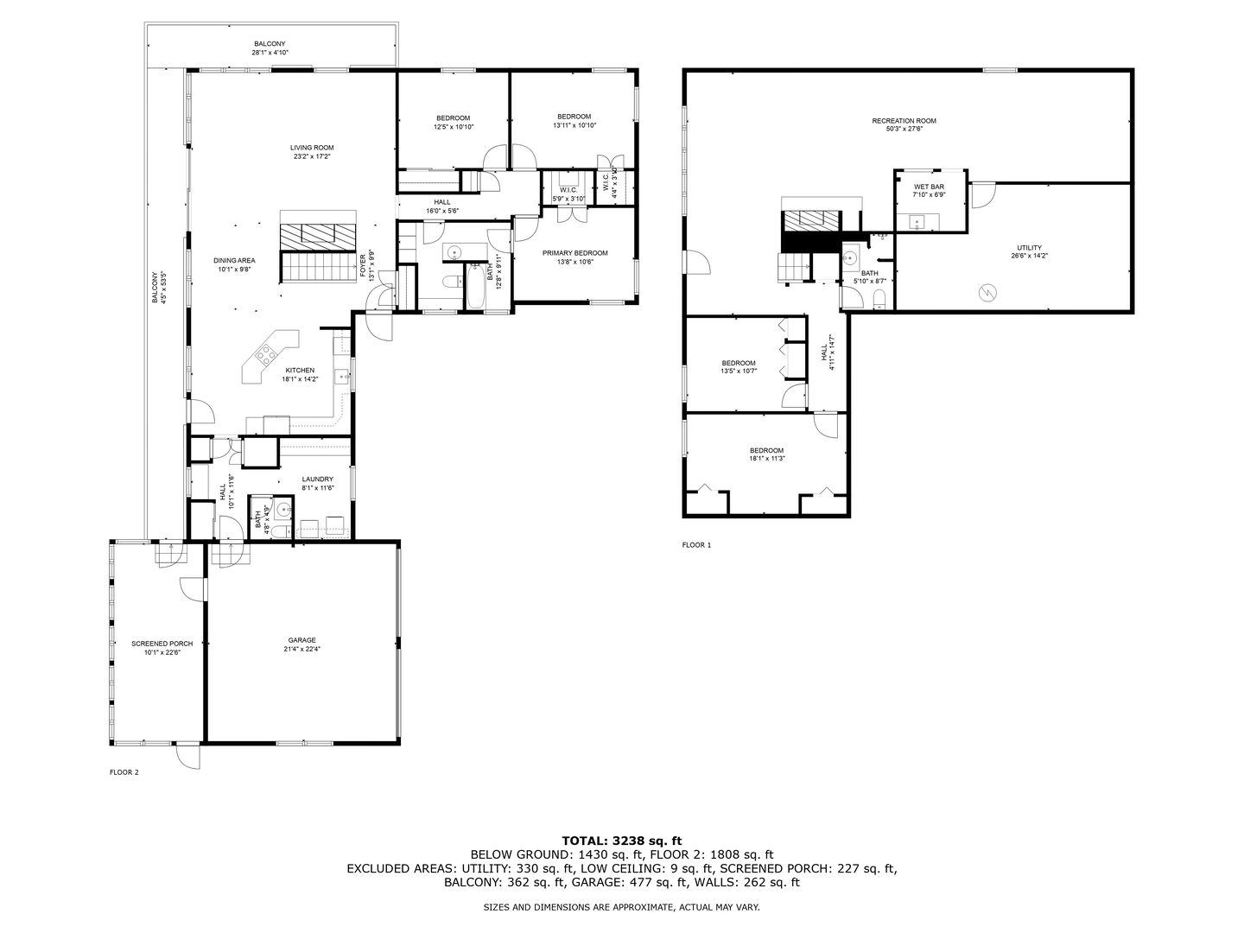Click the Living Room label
pos(312,148)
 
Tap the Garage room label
pos(301,640)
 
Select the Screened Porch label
pos(162,644)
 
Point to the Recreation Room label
pos(904,121)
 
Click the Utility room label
pos(1029,248)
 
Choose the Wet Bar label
pos(929,187)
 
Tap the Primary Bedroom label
pos(574,253)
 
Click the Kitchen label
pos(300,371)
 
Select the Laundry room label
pos(317,479)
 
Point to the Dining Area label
pos(234,260)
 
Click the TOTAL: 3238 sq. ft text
pos(621,840)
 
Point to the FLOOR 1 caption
pos(696,545)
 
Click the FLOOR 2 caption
pos(124,772)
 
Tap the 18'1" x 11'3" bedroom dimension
pos(766,459)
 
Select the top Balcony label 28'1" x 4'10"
pos(270,48)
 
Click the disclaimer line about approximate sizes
pos(621,908)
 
